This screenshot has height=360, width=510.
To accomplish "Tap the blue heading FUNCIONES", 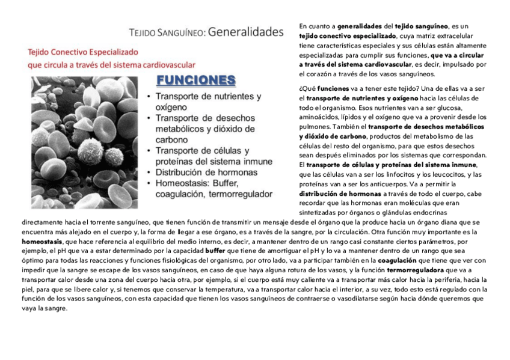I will point(197,81).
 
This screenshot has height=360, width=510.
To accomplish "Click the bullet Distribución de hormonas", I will point(206,172).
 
